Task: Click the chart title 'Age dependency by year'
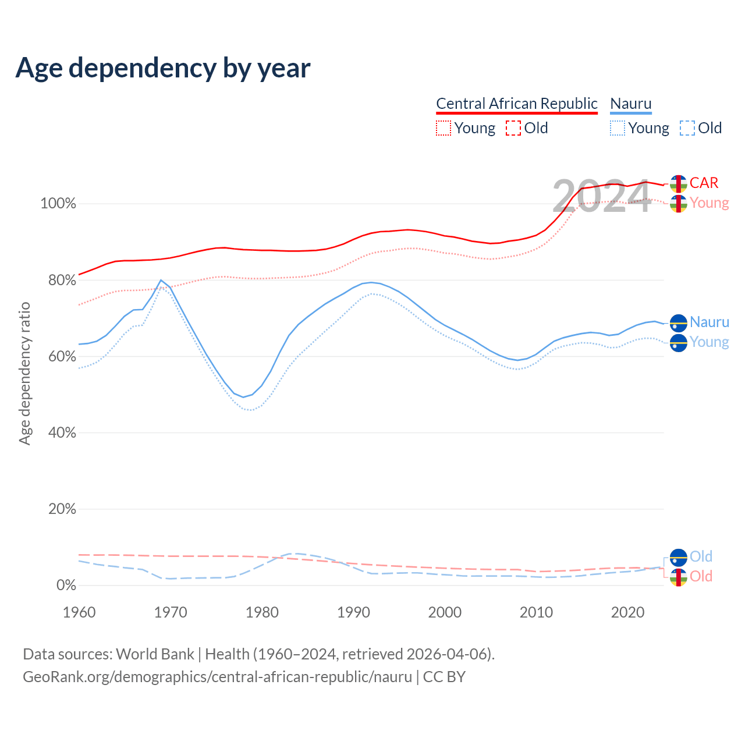click(x=163, y=68)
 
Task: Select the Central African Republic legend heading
click(x=517, y=104)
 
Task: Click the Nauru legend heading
click(x=631, y=104)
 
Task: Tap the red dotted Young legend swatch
click(x=444, y=128)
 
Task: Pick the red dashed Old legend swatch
click(x=513, y=128)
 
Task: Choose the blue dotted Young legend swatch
click(x=618, y=128)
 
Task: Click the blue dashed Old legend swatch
click(x=687, y=128)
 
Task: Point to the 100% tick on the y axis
click(x=58, y=204)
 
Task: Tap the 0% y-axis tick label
click(x=66, y=586)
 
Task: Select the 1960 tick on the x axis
click(x=79, y=612)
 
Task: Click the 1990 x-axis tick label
click(x=354, y=612)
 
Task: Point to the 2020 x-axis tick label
click(x=628, y=612)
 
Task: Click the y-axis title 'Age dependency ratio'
click(x=24, y=373)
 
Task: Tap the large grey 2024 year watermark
click(x=601, y=197)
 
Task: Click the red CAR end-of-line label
click(x=704, y=183)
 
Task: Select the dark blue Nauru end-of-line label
click(x=709, y=322)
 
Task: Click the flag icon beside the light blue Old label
click(x=679, y=558)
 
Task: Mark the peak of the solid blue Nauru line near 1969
click(x=161, y=281)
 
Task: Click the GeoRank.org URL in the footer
click(x=217, y=677)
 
